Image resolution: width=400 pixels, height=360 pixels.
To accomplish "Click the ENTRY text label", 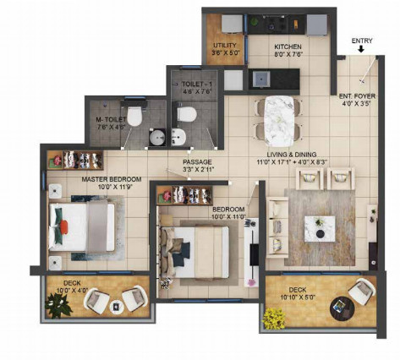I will point(361,39).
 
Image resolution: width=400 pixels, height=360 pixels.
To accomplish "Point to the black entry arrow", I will point(361,50).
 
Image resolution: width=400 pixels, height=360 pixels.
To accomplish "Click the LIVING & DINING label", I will point(291,155).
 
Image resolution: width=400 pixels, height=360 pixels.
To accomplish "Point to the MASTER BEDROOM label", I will point(109,180).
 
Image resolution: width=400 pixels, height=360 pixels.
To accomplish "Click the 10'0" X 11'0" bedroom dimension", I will point(228,217).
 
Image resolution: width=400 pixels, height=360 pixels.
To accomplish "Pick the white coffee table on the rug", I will point(320,224).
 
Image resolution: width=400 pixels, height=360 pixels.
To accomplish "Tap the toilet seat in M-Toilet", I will point(134,114).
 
